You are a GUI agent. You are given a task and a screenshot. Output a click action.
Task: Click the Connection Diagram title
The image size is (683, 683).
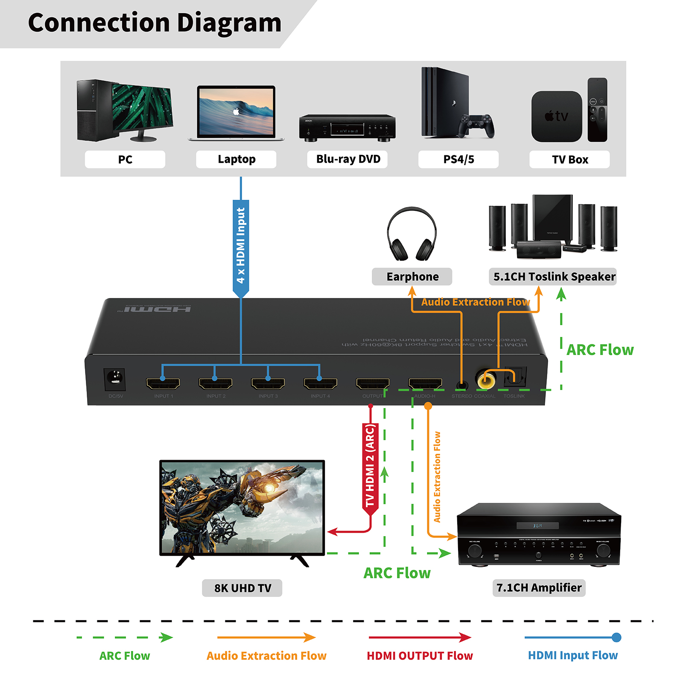(x=155, y=23)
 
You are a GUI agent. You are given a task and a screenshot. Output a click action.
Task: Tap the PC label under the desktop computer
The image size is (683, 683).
(x=125, y=159)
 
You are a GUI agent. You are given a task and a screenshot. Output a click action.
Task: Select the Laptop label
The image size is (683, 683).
(x=236, y=159)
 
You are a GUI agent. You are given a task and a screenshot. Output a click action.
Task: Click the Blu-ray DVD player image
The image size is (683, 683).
(x=347, y=127)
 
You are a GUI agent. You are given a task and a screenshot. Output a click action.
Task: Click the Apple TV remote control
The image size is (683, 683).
(x=597, y=110)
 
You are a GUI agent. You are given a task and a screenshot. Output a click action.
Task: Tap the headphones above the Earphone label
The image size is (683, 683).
(x=412, y=234)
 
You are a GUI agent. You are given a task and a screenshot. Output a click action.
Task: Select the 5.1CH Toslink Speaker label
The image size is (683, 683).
(x=554, y=277)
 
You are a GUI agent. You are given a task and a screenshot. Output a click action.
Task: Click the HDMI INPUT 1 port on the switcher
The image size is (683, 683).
(x=163, y=383)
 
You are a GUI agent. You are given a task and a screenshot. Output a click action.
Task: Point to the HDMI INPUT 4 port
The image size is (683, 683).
(x=320, y=383)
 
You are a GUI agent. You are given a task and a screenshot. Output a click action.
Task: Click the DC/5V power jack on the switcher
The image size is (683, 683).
(x=114, y=378)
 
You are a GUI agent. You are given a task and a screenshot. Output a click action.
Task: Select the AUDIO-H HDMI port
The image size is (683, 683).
(x=425, y=383)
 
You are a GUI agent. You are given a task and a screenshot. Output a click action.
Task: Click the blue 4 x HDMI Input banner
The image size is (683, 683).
(x=241, y=247)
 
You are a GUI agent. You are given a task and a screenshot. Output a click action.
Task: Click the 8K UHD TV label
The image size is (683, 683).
(x=242, y=588)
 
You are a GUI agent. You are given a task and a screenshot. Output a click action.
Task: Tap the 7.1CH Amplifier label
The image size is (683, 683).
(x=539, y=588)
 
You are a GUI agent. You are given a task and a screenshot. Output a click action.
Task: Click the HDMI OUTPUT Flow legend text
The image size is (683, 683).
(x=420, y=656)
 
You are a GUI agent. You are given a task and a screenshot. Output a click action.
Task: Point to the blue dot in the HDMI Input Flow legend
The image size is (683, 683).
(x=616, y=637)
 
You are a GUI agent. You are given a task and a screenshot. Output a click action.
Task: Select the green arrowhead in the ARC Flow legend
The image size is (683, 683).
(x=166, y=637)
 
